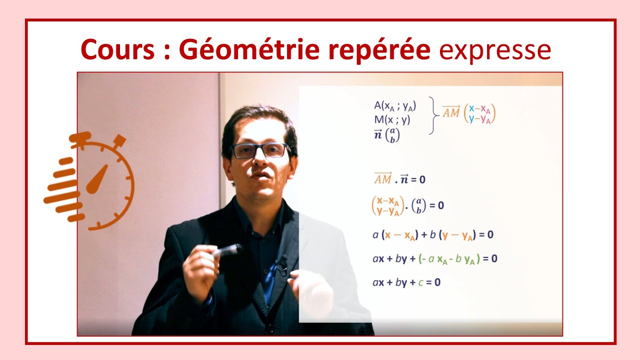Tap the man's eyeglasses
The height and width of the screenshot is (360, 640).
pos(260,150)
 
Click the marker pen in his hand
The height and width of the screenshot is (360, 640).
pos(228,250)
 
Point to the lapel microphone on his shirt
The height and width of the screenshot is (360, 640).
pos(281,263)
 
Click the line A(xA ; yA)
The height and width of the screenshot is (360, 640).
pos(395,105)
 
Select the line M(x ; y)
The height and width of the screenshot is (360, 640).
pos(392,120)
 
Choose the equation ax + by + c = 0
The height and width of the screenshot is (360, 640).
pos(406,282)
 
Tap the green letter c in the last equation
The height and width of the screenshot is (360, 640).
pos(421,282)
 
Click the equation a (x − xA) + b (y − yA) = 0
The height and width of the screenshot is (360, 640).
pos(433,235)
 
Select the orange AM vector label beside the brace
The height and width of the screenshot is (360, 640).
pos(451,113)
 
